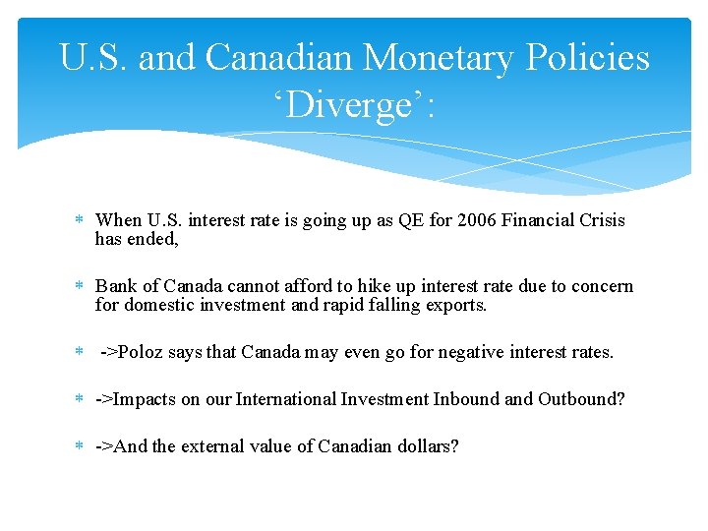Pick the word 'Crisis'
(x=602, y=220)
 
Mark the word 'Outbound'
(x=580, y=399)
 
